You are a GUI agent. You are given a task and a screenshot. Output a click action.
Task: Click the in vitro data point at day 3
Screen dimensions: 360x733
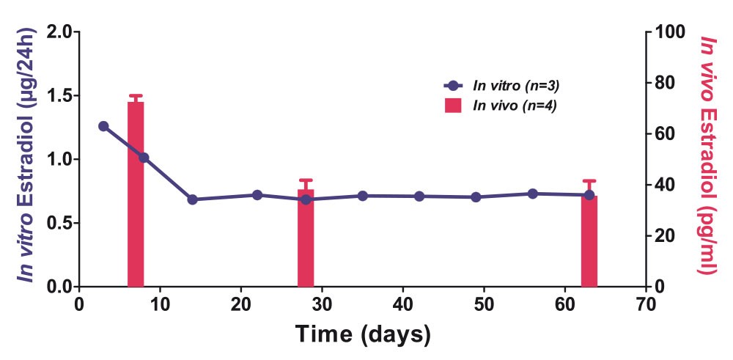(x=103, y=126)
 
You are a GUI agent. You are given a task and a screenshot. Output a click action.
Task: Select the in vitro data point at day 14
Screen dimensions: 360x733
(x=192, y=199)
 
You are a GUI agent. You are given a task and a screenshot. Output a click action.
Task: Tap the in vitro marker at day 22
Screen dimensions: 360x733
(x=257, y=195)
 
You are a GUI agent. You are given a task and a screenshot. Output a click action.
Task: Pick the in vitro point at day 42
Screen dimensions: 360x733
(x=419, y=196)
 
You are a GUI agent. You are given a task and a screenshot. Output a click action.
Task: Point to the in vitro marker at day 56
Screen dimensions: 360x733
(x=532, y=194)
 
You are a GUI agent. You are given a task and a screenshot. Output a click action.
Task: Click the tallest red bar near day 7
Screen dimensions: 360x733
(x=136, y=194)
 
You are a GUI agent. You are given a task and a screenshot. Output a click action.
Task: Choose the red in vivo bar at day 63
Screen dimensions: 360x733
(x=589, y=242)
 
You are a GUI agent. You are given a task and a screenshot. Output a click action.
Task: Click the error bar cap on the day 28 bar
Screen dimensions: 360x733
(x=306, y=180)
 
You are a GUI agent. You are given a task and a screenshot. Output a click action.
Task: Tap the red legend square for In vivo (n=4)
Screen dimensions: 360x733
(x=453, y=106)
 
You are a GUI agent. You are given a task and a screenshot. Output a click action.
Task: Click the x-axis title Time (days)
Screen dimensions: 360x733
(x=363, y=334)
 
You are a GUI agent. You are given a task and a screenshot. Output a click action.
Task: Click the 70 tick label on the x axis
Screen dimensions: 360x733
(x=646, y=303)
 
